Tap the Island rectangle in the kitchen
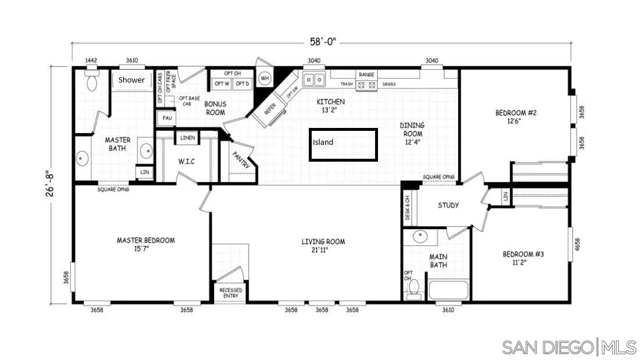coord(343,145)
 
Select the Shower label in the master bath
coord(131,80)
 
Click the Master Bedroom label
coord(145,244)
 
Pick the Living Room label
coord(323,245)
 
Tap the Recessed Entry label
coord(231,293)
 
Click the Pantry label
coord(241,161)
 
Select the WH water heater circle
coord(265,78)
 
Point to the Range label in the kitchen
coord(366,74)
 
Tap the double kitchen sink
coord(314,79)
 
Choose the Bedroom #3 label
coord(523,258)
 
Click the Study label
coord(448,205)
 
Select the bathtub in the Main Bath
coord(448,290)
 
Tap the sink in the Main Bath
coord(420,237)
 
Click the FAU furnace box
coord(167,118)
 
